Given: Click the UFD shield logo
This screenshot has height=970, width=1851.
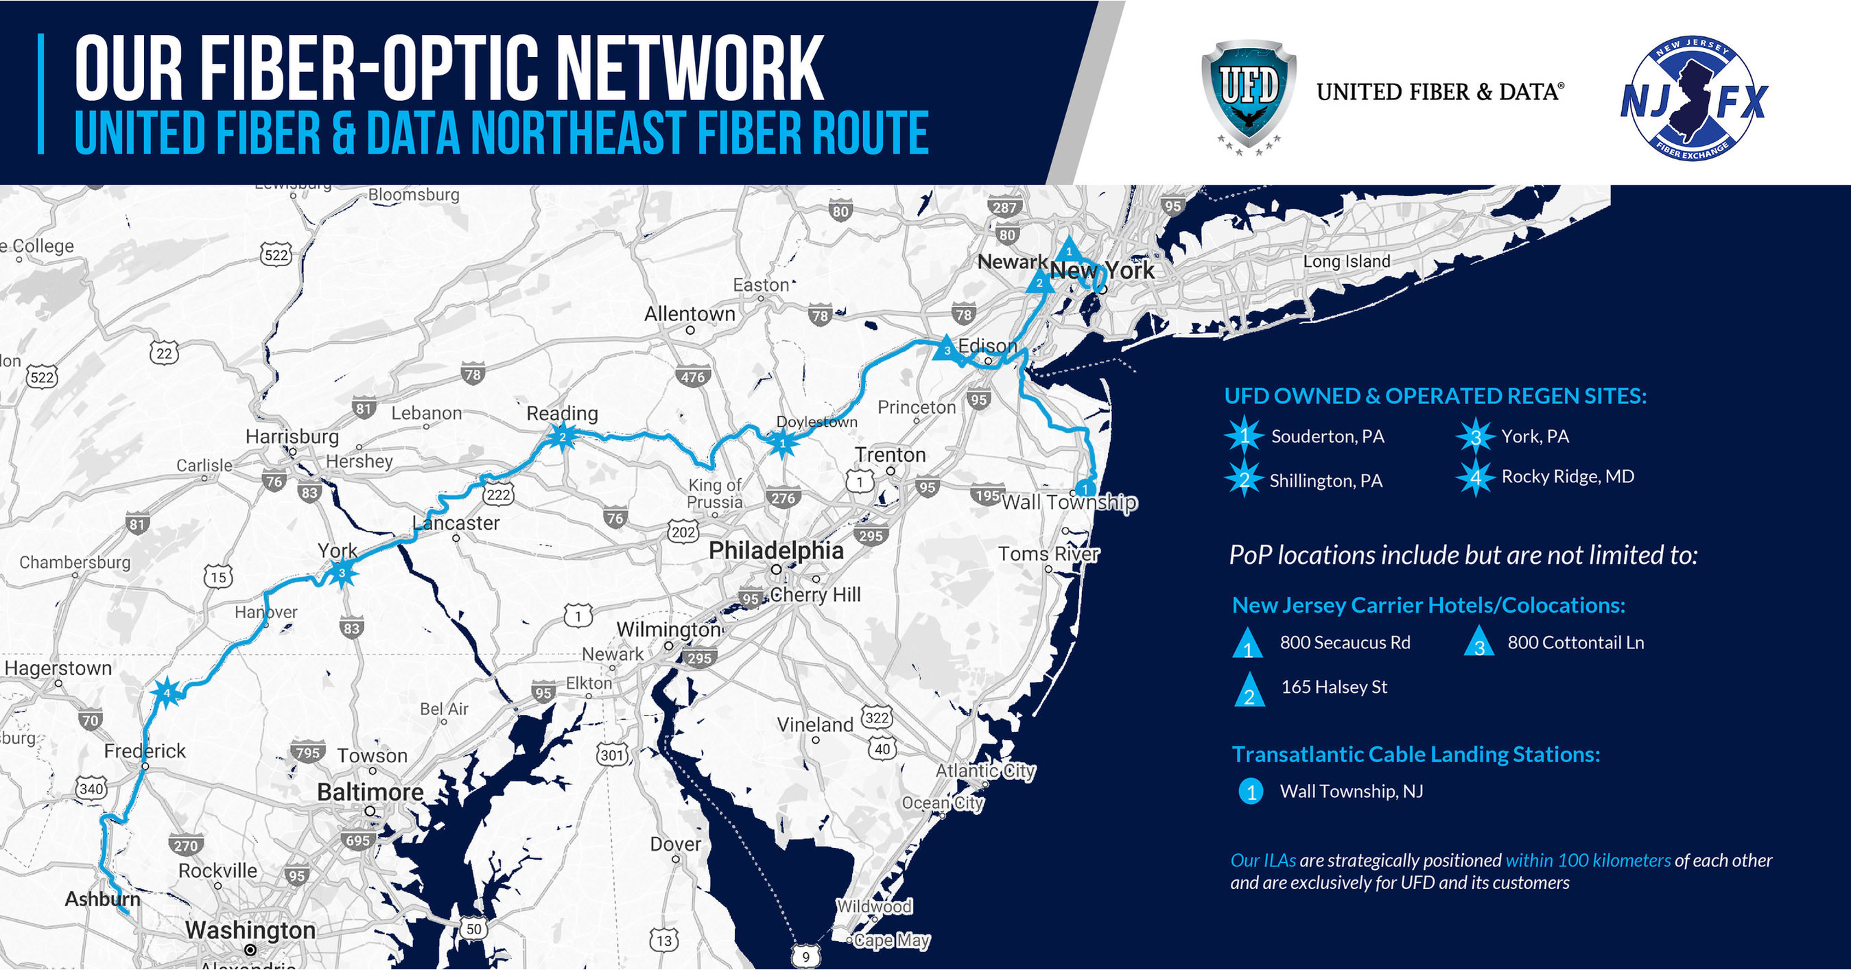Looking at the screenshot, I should click(1249, 93).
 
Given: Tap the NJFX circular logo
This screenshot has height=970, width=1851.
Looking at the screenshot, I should click(1693, 98).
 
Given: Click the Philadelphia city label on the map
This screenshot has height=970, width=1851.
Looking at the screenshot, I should click(775, 550).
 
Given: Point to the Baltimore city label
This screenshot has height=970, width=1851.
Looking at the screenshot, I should click(370, 792).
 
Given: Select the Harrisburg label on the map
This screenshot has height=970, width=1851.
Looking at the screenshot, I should click(292, 437).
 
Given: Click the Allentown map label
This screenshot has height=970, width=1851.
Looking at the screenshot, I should click(689, 314).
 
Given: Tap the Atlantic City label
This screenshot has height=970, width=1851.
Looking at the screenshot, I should click(985, 770).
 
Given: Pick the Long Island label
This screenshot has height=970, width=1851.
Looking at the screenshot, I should click(1346, 261).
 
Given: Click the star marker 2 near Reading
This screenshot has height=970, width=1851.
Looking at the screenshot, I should click(563, 436).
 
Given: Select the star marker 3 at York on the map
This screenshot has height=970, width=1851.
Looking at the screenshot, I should click(343, 573).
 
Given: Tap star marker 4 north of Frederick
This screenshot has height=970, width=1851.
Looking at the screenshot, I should click(167, 693).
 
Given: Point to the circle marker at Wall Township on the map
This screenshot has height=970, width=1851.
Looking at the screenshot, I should click(1085, 488).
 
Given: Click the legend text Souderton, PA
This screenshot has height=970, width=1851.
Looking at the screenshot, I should click(1327, 436).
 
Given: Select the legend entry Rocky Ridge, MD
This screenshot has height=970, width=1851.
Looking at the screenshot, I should click(1567, 476).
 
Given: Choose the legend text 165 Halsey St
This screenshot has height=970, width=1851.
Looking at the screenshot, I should click(1334, 687).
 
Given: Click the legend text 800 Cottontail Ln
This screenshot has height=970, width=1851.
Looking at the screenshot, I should click(1575, 642).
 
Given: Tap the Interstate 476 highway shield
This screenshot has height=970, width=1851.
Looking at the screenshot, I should click(693, 377).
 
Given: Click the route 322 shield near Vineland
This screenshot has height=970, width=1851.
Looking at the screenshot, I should click(877, 717).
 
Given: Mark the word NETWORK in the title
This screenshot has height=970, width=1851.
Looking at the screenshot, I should click(689, 69).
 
